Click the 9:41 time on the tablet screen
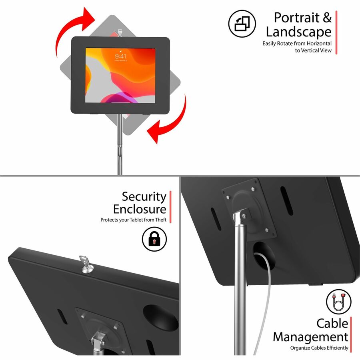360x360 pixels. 120,56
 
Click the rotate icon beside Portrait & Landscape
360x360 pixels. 242,24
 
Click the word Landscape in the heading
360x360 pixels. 298,32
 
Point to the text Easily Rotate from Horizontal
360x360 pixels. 297,43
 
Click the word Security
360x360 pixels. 144,197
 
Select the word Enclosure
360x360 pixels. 139,209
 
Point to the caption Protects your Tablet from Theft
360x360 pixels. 133,220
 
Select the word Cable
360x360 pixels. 332,323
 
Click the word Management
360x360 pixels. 310,336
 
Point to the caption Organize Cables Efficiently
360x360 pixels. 319,348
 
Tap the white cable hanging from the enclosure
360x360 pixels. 260,304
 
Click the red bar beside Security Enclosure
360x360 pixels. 170,207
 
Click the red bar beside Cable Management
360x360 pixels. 351,334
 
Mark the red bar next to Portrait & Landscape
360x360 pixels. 336,32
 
